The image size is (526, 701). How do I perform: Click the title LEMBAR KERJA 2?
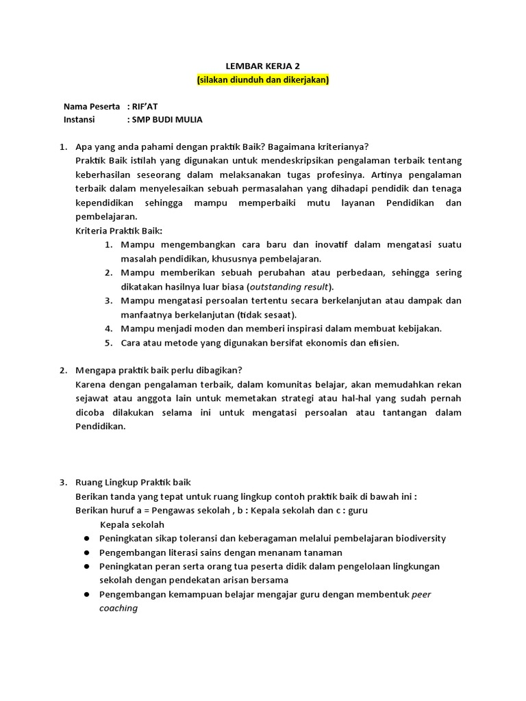[x=263, y=66]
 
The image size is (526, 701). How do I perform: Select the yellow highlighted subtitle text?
[x=263, y=80]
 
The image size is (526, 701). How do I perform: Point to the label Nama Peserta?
[x=92, y=107]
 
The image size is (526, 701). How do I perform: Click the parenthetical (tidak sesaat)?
[x=266, y=315]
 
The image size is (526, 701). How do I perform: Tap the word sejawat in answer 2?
[x=92, y=398]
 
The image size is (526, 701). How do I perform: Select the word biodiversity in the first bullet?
[x=420, y=539]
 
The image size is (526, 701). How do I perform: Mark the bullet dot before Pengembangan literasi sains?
[x=87, y=552]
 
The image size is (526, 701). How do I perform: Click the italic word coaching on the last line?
[x=118, y=608]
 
